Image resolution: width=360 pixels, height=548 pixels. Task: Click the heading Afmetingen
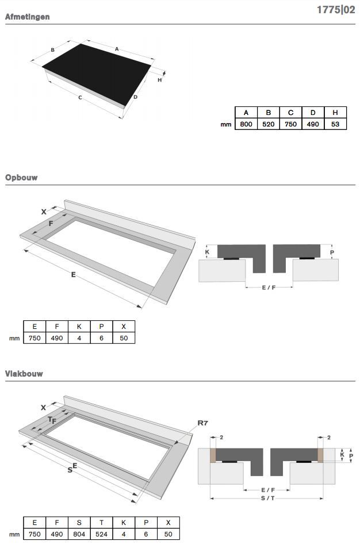27,17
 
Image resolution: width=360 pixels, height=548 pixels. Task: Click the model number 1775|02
336,10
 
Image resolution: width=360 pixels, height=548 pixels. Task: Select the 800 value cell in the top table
246,124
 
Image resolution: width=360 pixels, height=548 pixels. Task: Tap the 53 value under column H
335,124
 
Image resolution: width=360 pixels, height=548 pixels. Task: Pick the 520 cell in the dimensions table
269,124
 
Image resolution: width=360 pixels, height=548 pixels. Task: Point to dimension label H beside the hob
160,80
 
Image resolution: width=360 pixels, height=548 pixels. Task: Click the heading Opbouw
21,177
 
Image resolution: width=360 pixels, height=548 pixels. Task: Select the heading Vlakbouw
24,374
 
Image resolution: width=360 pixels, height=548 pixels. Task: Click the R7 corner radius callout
203,423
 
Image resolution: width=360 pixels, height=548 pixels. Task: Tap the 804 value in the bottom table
79,534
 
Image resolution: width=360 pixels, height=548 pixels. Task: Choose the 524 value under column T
101,534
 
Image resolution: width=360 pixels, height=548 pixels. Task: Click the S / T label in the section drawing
268,498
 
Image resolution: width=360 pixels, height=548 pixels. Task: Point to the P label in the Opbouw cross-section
332,252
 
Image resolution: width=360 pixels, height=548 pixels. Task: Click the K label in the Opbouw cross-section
207,252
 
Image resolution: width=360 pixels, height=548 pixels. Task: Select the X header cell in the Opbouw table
124,327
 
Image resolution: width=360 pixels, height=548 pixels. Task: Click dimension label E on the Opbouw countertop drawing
74,275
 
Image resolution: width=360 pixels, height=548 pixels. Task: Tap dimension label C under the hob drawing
80,98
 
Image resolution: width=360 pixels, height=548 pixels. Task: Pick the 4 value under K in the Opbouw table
79,338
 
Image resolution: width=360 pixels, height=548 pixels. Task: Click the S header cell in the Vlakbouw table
79,523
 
